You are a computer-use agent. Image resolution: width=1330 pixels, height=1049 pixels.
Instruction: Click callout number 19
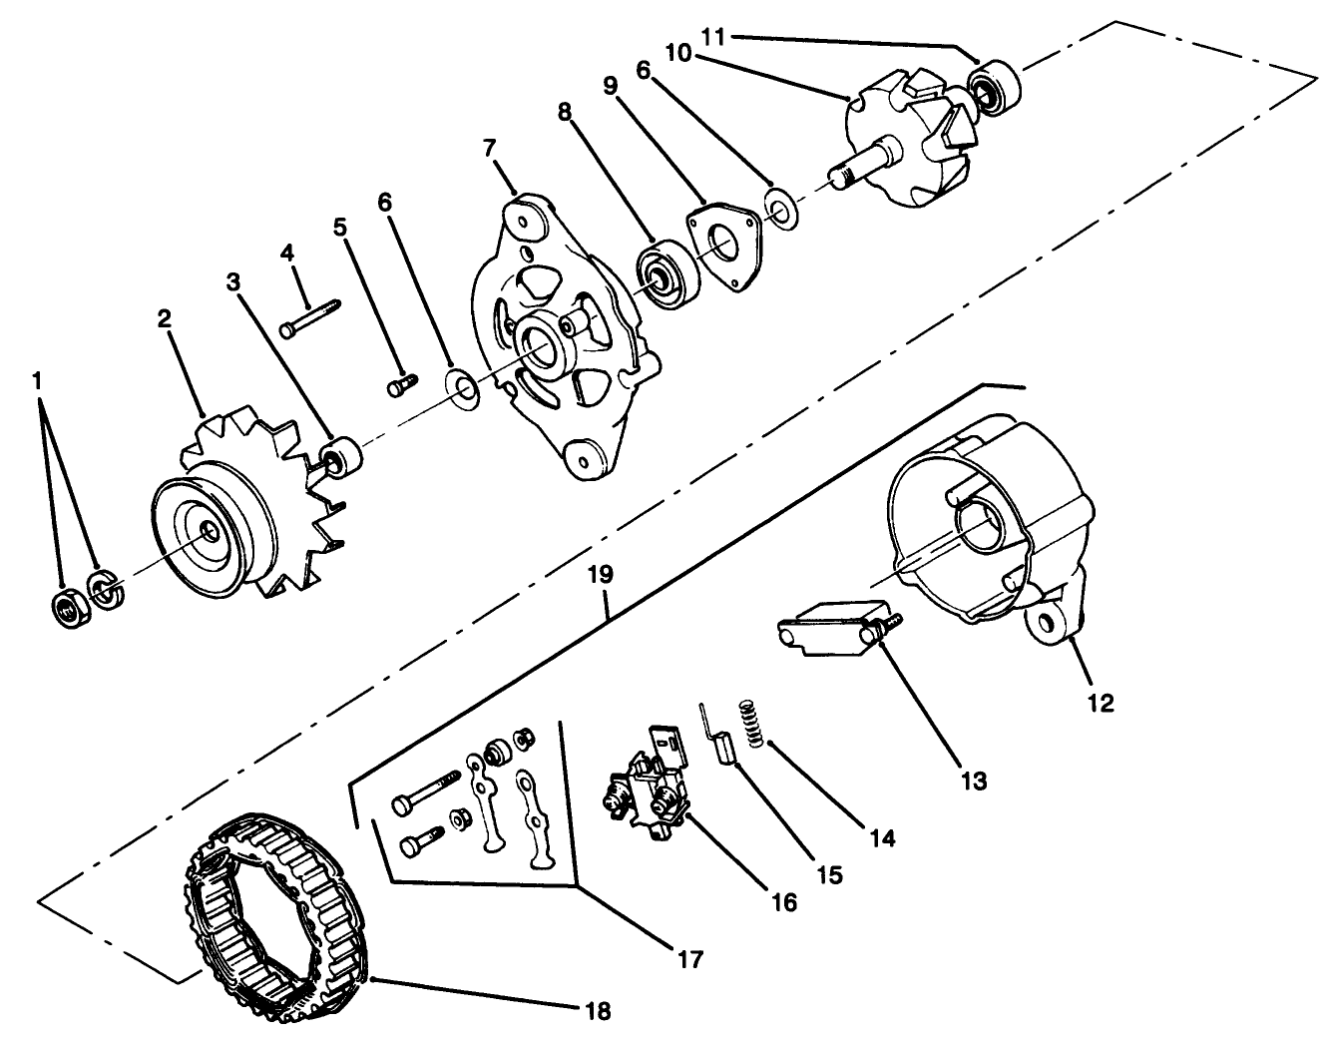tap(606, 576)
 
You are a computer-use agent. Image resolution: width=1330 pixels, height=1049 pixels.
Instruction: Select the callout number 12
tap(1100, 703)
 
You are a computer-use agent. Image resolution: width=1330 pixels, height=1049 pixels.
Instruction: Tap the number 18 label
tap(598, 1010)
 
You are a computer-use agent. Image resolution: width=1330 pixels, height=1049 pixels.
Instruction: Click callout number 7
tap(489, 148)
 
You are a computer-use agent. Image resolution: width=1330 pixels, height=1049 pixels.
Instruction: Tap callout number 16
tap(784, 902)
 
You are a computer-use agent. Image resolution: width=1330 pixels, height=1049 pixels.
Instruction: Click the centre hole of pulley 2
tap(212, 532)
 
